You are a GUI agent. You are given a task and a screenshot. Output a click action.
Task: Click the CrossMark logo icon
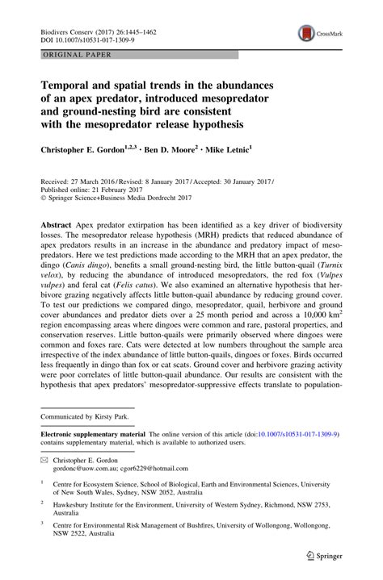(308, 32)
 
